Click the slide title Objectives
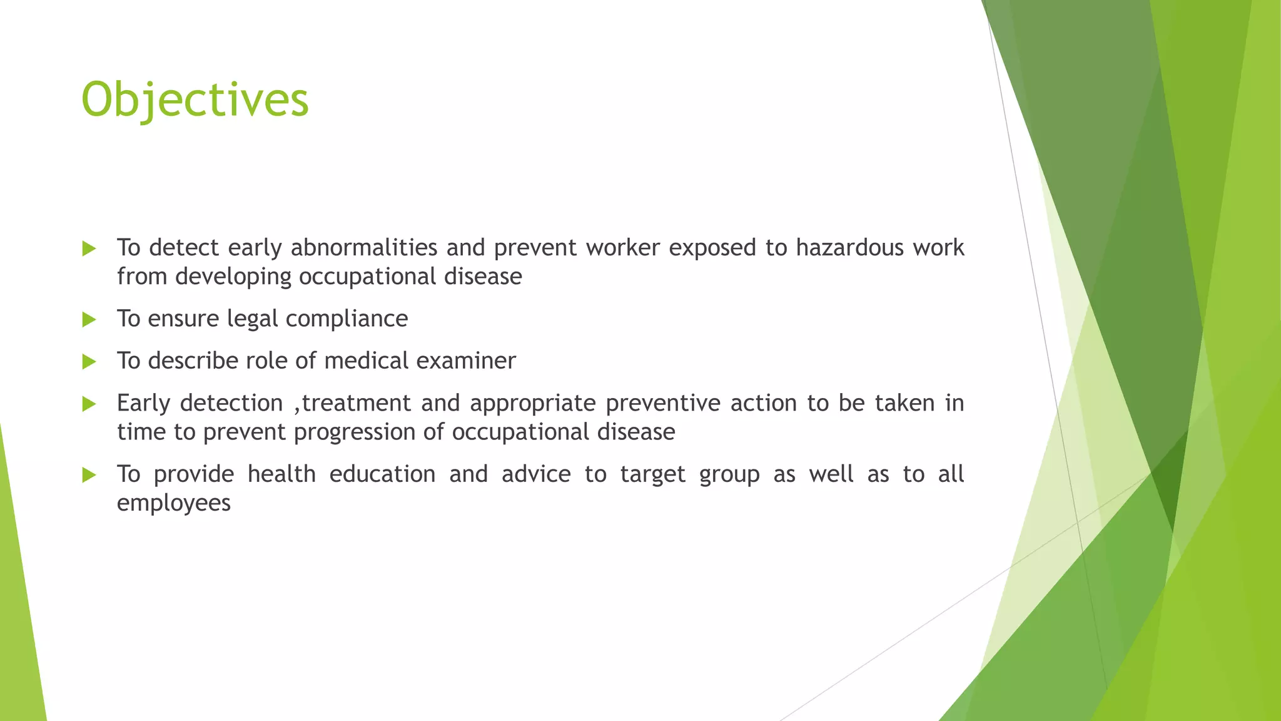195,100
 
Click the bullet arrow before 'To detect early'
89,249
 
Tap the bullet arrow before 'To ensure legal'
89,320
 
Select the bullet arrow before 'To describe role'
89,362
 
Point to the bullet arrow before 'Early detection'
89,404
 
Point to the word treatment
356,404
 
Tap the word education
382,474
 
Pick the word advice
536,474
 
